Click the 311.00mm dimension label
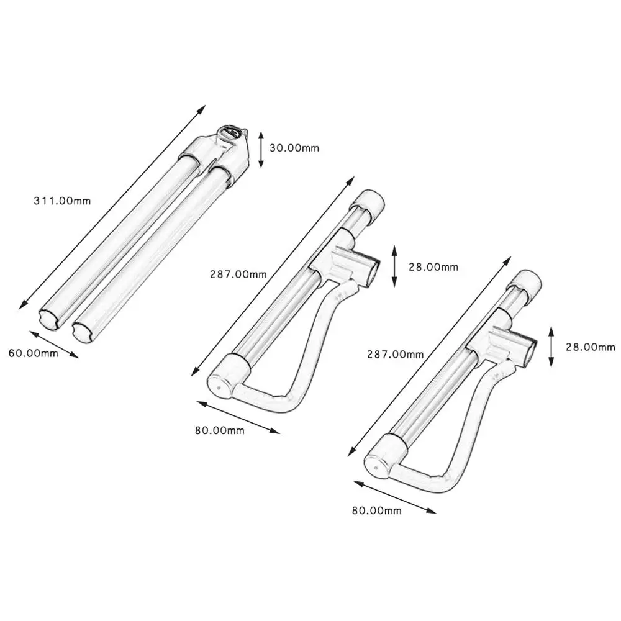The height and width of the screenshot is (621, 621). (61, 201)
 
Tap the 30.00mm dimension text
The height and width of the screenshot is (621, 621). (294, 148)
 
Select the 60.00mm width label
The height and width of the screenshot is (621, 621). (33, 353)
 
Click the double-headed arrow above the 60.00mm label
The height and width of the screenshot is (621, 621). (53, 344)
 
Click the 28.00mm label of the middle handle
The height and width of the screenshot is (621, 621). (433, 267)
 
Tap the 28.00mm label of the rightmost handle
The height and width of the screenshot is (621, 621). (590, 347)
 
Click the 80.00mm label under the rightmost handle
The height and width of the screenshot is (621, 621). (376, 510)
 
